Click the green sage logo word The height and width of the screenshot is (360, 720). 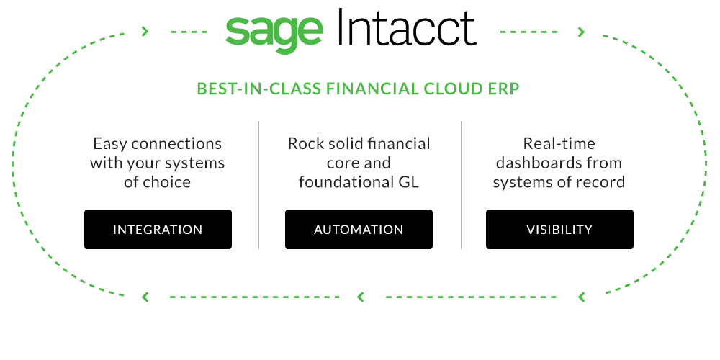click(x=274, y=34)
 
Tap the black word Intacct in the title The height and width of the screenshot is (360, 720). click(x=408, y=27)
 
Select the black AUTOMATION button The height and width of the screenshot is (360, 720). click(x=359, y=229)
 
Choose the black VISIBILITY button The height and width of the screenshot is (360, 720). click(x=559, y=229)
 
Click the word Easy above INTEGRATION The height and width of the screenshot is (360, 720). click(x=111, y=144)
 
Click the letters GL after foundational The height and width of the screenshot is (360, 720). click(x=408, y=182)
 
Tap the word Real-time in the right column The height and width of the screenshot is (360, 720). click(x=559, y=143)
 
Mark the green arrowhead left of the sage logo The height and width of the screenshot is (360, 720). click(x=145, y=31)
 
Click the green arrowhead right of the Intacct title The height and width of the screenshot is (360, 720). click(x=581, y=32)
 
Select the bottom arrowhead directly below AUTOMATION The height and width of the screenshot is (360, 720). click(x=361, y=297)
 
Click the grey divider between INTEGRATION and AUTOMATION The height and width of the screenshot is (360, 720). click(x=259, y=185)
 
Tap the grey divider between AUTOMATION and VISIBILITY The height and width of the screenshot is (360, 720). click(x=461, y=185)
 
